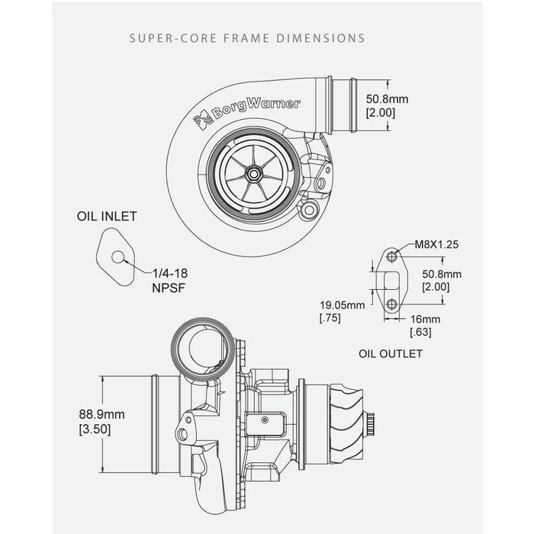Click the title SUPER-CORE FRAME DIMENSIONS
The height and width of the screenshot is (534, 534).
coord(246,37)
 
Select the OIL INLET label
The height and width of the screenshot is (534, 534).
coord(107,217)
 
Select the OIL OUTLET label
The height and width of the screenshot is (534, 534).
coord(390,354)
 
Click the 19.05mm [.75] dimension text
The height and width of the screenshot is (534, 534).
coord(340,310)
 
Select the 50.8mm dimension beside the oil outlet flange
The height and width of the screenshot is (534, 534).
coord(442,280)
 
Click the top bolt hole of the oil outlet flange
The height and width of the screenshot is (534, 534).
coord(391,256)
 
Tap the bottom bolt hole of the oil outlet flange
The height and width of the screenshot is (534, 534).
coord(391,304)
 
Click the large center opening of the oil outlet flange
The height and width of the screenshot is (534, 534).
coord(391,281)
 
